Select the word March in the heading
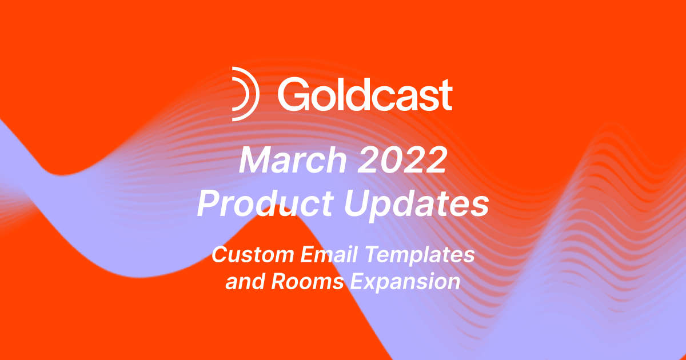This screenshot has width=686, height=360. [x=289, y=162]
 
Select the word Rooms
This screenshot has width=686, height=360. [x=307, y=282]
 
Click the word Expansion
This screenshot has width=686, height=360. [x=404, y=282]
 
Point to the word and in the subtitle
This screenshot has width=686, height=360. [x=242, y=282]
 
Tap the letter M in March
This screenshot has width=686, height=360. [x=254, y=162]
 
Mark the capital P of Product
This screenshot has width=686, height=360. [x=208, y=205]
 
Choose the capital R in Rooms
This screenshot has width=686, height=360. [x=278, y=282]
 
